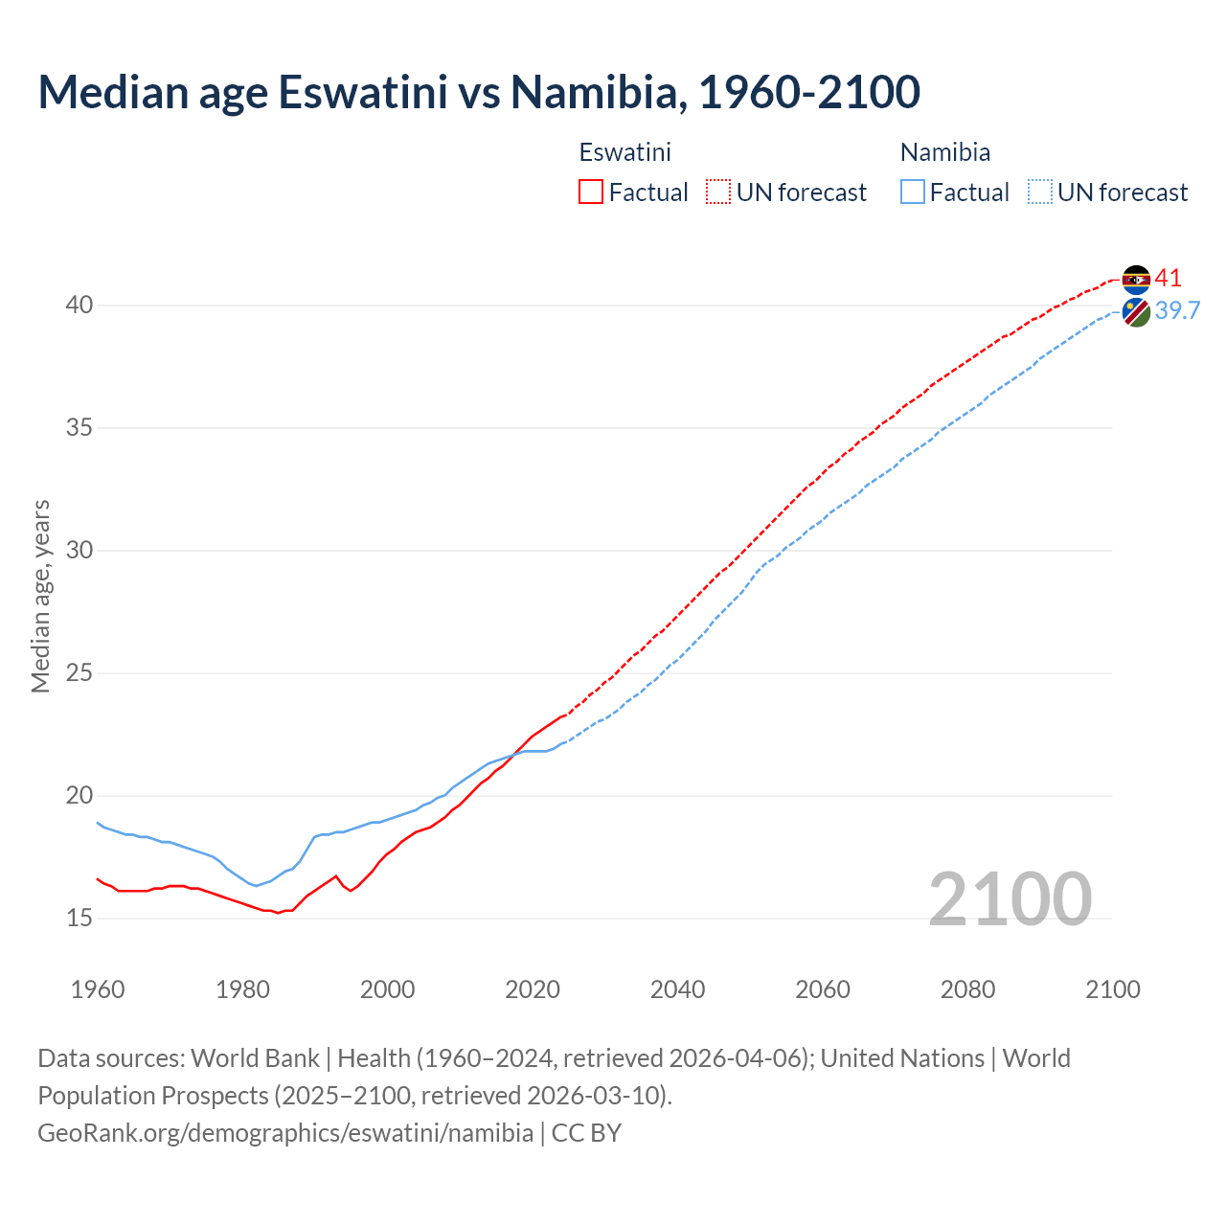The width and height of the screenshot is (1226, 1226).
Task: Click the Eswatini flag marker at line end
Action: tap(1136, 280)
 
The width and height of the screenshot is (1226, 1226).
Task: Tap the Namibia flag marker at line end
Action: tap(1136, 312)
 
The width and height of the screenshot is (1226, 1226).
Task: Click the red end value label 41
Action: tap(1169, 279)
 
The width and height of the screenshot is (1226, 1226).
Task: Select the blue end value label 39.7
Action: tap(1177, 310)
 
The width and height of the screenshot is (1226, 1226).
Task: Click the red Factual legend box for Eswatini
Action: tap(591, 192)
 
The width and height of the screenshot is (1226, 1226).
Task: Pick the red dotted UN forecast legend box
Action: tap(718, 192)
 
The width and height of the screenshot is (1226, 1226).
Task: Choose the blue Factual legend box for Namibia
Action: tap(913, 192)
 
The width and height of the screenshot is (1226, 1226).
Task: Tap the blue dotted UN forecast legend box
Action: tap(1040, 192)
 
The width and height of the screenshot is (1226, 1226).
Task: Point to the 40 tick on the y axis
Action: tap(79, 306)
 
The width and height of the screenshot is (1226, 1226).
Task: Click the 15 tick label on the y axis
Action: tap(79, 918)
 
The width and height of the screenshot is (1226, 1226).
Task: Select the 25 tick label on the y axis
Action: tap(79, 673)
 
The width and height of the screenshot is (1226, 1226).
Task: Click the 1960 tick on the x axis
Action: tap(98, 989)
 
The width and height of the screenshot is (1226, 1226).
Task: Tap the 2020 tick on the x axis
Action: tap(533, 989)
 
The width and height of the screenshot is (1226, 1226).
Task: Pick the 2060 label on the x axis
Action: tap(823, 989)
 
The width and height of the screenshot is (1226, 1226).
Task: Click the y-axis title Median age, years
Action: tap(40, 596)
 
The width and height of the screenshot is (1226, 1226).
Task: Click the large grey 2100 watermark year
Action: tap(1010, 898)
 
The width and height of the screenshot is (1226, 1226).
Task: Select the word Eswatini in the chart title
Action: tap(363, 92)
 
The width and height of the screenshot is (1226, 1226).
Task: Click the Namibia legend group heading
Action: tap(945, 152)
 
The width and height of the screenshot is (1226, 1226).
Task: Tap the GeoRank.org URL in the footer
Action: tap(285, 1132)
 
